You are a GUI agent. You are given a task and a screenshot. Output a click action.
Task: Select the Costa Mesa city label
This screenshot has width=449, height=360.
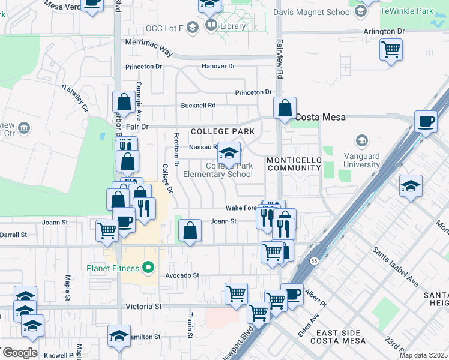(319, 117)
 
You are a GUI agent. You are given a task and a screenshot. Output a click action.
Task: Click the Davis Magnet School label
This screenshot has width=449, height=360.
(312, 12)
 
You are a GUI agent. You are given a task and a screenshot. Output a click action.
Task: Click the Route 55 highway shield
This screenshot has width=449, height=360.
(314, 261)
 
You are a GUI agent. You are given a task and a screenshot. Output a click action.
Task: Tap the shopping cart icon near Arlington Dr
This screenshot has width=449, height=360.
(391, 49)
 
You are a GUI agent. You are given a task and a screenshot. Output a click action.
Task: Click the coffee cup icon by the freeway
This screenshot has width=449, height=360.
(426, 122)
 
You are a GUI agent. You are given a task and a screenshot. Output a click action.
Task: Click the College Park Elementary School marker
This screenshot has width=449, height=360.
(229, 153)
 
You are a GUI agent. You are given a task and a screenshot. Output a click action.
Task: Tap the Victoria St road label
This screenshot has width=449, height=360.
(144, 306)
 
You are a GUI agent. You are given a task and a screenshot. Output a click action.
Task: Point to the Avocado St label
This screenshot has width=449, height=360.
(182, 275)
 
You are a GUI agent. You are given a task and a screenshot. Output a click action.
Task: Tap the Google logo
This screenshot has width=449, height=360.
(20, 352)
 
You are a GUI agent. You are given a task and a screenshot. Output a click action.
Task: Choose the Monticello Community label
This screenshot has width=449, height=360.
(294, 164)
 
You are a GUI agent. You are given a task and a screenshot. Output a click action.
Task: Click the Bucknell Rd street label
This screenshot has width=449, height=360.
(198, 105)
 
